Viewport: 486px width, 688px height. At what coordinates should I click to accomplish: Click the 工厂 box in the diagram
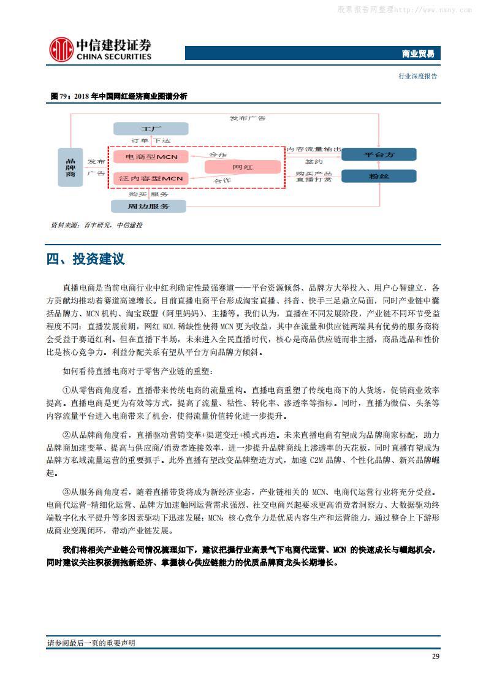tap(150, 129)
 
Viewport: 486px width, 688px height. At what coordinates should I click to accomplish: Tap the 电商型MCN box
tap(150, 158)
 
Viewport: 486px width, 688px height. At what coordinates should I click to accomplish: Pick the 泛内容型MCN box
tap(150, 178)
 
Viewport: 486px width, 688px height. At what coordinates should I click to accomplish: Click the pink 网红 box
tap(242, 167)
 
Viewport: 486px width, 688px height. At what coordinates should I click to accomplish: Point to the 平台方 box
tap(379, 155)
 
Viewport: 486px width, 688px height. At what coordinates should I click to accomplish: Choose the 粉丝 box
tap(379, 177)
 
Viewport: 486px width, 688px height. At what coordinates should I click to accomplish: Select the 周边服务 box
tap(148, 206)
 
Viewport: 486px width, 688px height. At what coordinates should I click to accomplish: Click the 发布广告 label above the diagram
tap(248, 118)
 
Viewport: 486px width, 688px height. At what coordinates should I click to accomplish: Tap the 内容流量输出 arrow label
tap(314, 149)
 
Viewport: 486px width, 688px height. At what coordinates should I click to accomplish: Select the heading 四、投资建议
tap(85, 259)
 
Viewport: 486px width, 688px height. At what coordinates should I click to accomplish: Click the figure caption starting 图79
tap(119, 96)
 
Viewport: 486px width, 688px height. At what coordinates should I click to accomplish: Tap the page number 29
tap(435, 656)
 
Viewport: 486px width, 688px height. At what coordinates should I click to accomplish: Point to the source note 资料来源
tap(96, 226)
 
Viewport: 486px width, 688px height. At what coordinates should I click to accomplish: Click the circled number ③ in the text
tap(67, 492)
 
